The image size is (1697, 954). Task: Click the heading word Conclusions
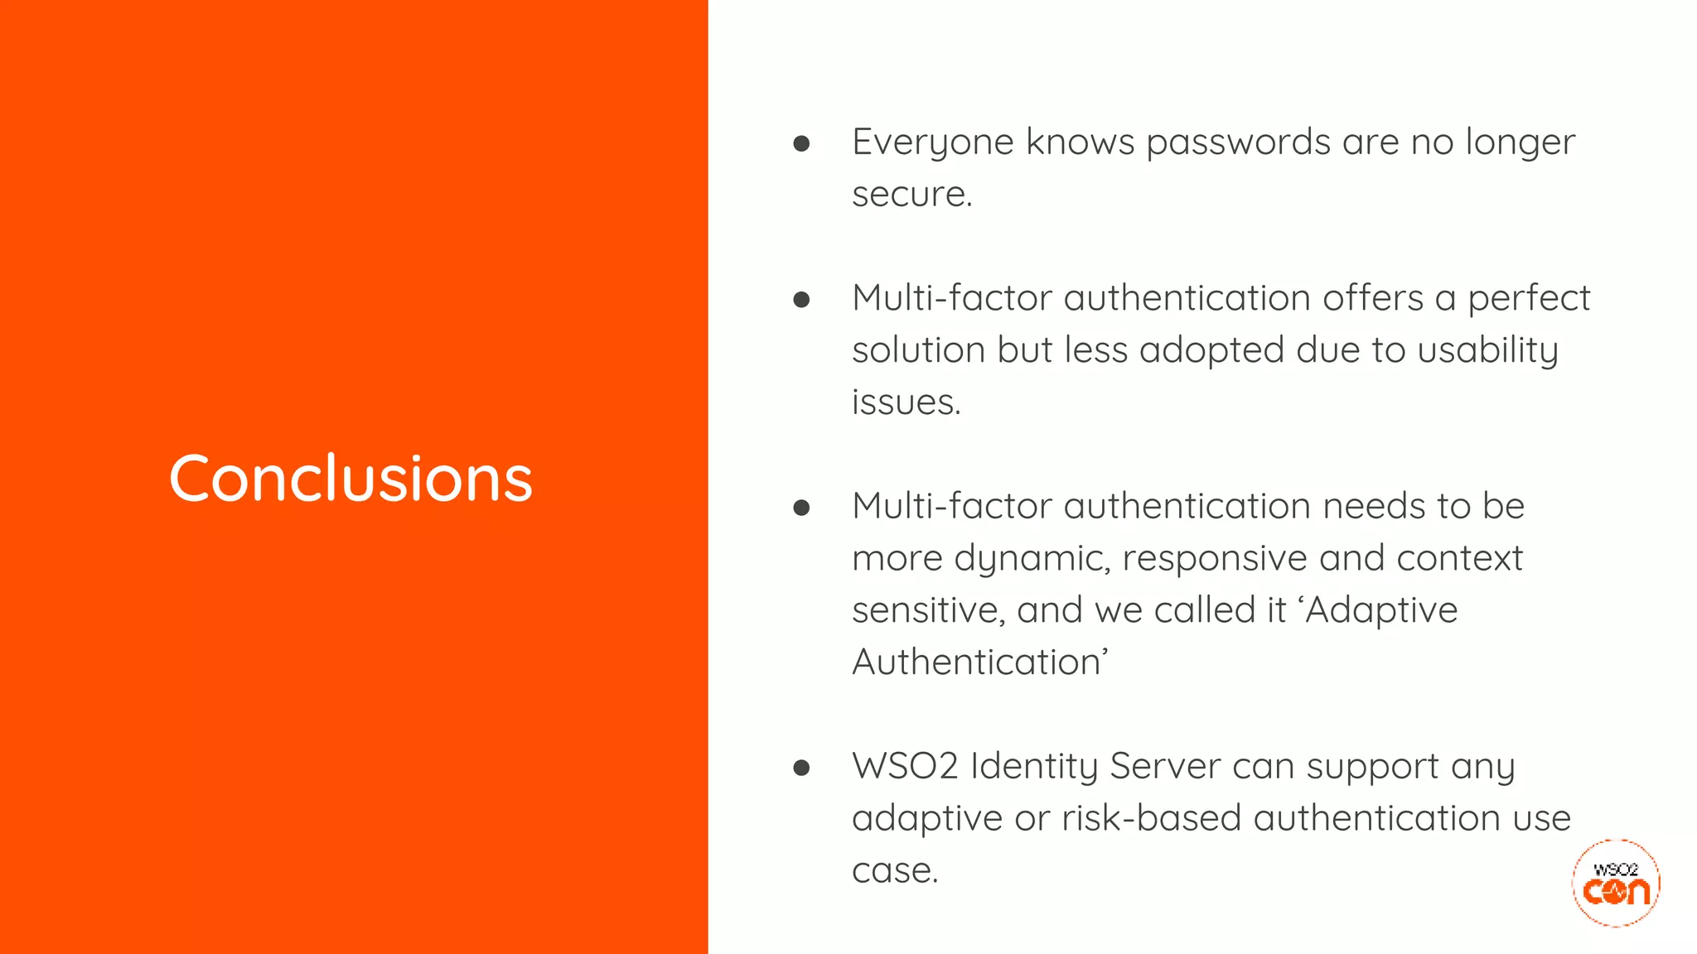[x=351, y=479]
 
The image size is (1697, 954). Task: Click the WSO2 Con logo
[x=1616, y=883]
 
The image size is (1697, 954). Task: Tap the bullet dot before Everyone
[x=801, y=144]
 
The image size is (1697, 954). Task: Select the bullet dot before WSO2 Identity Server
[x=801, y=768]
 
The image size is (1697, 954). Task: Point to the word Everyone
[x=932, y=142]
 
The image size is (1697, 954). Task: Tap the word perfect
[x=1529, y=298]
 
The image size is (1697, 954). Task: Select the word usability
[x=1487, y=350]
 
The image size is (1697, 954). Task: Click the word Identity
[x=1033, y=766]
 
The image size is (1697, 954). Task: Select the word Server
[x=1164, y=766]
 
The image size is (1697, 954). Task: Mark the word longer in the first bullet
[x=1520, y=142]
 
